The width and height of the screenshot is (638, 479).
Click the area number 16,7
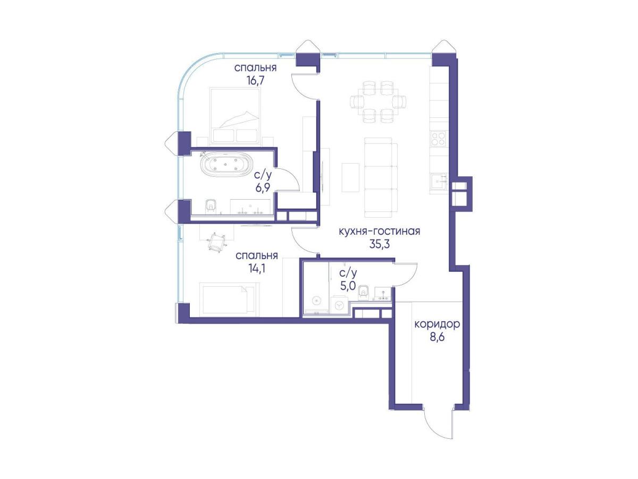point(256,80)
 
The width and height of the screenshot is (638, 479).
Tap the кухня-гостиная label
point(379,232)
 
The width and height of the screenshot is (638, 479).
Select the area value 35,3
point(379,244)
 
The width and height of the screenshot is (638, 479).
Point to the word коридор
point(437,324)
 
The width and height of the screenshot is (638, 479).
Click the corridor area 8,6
point(437,337)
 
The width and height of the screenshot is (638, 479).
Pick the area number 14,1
point(257,269)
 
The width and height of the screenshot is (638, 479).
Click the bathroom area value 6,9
point(263,187)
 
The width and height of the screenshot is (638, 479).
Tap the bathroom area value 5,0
point(348,286)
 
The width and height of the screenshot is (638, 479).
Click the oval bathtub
point(226,165)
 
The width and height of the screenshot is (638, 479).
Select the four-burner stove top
point(438,139)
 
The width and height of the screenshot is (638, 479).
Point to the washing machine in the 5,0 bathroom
point(339,305)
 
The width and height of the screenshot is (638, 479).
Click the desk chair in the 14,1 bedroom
point(217,242)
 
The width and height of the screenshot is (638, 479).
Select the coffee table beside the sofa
point(350,177)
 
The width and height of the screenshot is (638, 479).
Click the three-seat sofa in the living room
point(381,178)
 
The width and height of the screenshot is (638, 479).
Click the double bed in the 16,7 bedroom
point(234,117)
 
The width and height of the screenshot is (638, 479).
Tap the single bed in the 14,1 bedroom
point(224,300)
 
